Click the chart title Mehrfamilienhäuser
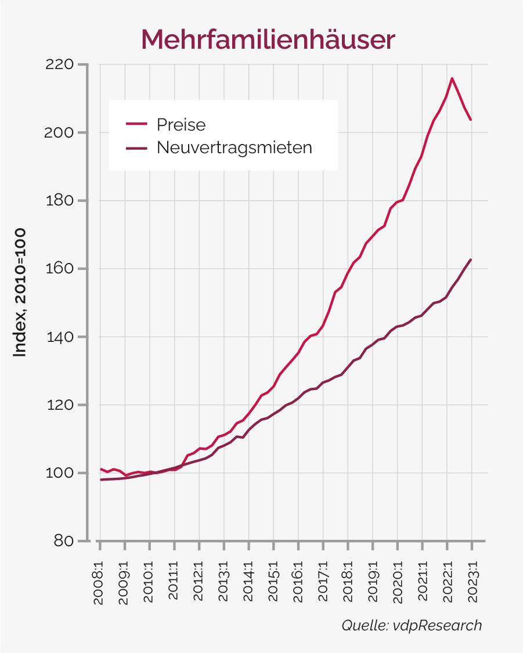point(268,39)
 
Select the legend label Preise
point(181,124)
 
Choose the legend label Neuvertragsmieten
point(234,147)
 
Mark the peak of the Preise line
point(452,78)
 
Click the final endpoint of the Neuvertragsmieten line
point(471,259)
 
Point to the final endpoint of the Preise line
point(471,120)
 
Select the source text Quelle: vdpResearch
point(412,625)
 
